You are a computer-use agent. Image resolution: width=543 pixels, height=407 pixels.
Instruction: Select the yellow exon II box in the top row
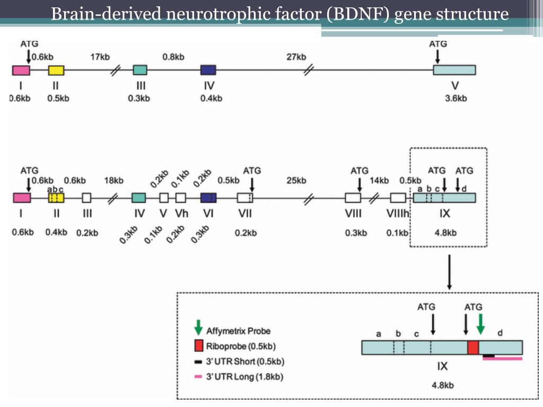(56, 70)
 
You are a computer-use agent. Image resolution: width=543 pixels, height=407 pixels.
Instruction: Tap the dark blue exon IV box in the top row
(208, 70)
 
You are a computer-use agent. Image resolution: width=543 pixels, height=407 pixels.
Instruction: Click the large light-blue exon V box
(454, 70)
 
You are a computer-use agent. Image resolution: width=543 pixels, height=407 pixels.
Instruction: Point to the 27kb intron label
(296, 57)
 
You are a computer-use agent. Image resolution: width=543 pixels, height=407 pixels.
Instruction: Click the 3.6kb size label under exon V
(456, 98)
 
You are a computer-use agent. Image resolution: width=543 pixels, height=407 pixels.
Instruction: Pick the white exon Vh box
(180, 198)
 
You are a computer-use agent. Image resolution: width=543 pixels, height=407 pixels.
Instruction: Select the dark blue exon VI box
(208, 198)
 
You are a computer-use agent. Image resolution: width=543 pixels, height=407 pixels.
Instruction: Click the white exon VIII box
(353, 198)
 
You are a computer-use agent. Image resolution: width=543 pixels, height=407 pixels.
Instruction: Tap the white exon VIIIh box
(398, 198)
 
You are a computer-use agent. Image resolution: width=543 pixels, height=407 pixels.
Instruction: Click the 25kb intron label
(296, 181)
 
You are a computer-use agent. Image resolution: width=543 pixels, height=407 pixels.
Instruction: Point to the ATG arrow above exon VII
(252, 184)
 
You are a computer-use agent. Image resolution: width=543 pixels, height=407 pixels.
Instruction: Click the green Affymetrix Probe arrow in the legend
(199, 328)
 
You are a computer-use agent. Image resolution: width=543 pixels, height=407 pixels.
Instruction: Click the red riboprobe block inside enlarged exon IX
(473, 348)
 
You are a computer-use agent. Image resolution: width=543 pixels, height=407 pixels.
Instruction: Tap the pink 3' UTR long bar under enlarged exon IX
(503, 359)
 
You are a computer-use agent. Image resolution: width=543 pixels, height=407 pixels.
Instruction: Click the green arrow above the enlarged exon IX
(480, 324)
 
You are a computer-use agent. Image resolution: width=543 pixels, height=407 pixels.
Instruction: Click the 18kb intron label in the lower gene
(113, 181)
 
